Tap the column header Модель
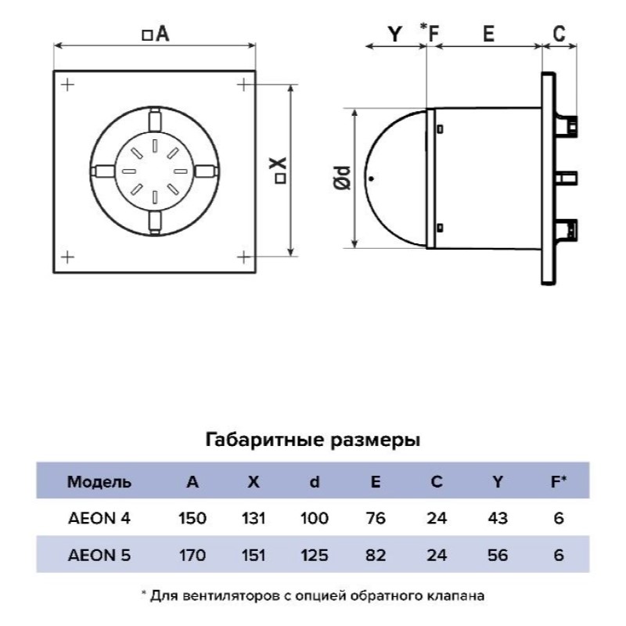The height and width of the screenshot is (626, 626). (99, 482)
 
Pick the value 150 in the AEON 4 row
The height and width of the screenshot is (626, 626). (192, 518)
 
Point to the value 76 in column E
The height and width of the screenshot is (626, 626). (376, 518)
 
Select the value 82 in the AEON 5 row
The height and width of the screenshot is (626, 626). (376, 556)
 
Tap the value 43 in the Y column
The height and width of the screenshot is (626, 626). (498, 518)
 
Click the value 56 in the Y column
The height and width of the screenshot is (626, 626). (498, 556)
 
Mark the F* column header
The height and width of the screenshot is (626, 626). (559, 482)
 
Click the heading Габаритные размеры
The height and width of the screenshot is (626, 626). (312, 440)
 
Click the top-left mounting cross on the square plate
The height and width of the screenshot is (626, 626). (68, 84)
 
